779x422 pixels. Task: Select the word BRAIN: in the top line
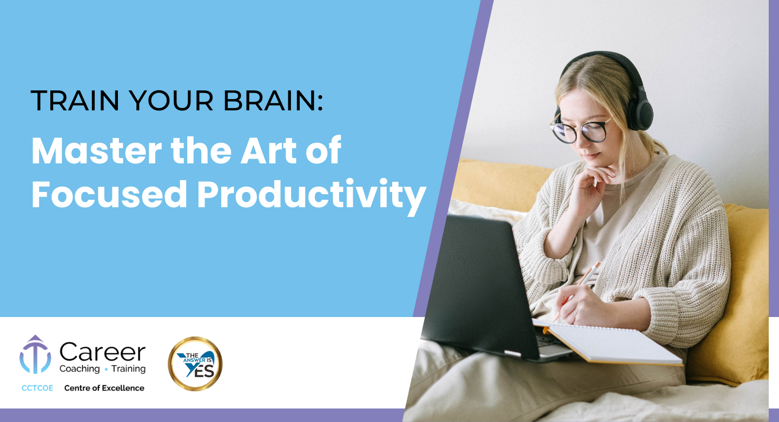273,101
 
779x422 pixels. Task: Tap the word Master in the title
97,150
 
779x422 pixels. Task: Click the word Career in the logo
103,352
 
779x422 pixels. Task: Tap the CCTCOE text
37,388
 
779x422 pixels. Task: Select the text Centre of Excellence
104,388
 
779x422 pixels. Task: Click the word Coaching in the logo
80,369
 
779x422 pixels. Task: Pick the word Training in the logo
128,369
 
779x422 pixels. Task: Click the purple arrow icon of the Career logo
35,354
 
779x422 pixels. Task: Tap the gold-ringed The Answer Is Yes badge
195,364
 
